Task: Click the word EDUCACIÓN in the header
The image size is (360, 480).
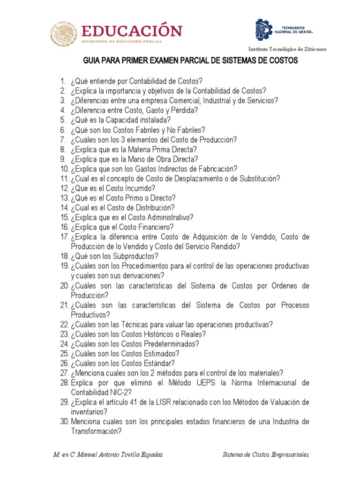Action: pos(132,31)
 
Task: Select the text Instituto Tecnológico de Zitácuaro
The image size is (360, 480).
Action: pos(287,49)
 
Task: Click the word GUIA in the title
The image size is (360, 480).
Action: pos(92,61)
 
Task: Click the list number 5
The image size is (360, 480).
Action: pos(62,120)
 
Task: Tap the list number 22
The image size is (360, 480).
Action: pos(64,324)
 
